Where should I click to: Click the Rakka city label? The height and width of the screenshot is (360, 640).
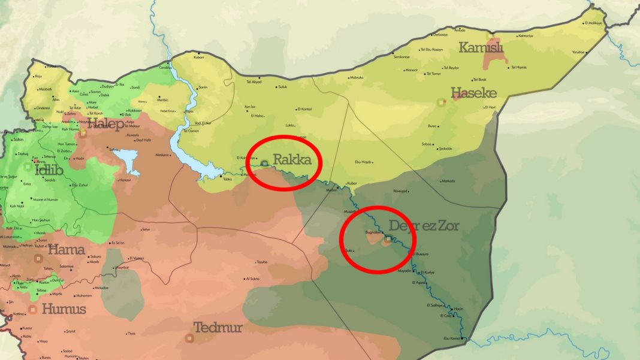292,161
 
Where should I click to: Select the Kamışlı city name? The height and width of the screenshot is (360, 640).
481,47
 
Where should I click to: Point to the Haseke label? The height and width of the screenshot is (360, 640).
473,93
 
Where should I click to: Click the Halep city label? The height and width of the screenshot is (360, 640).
105,125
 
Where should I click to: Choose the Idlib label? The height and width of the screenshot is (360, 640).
49,169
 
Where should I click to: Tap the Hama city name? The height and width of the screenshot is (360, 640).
67,249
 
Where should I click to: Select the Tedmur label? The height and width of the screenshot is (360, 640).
218,328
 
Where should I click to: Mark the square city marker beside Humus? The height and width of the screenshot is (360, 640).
34,310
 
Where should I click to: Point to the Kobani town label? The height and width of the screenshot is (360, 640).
199,58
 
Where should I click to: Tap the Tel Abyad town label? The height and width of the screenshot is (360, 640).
254,81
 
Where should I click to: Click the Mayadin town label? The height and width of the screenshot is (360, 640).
404,271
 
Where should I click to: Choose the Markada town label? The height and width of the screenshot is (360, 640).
448,181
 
